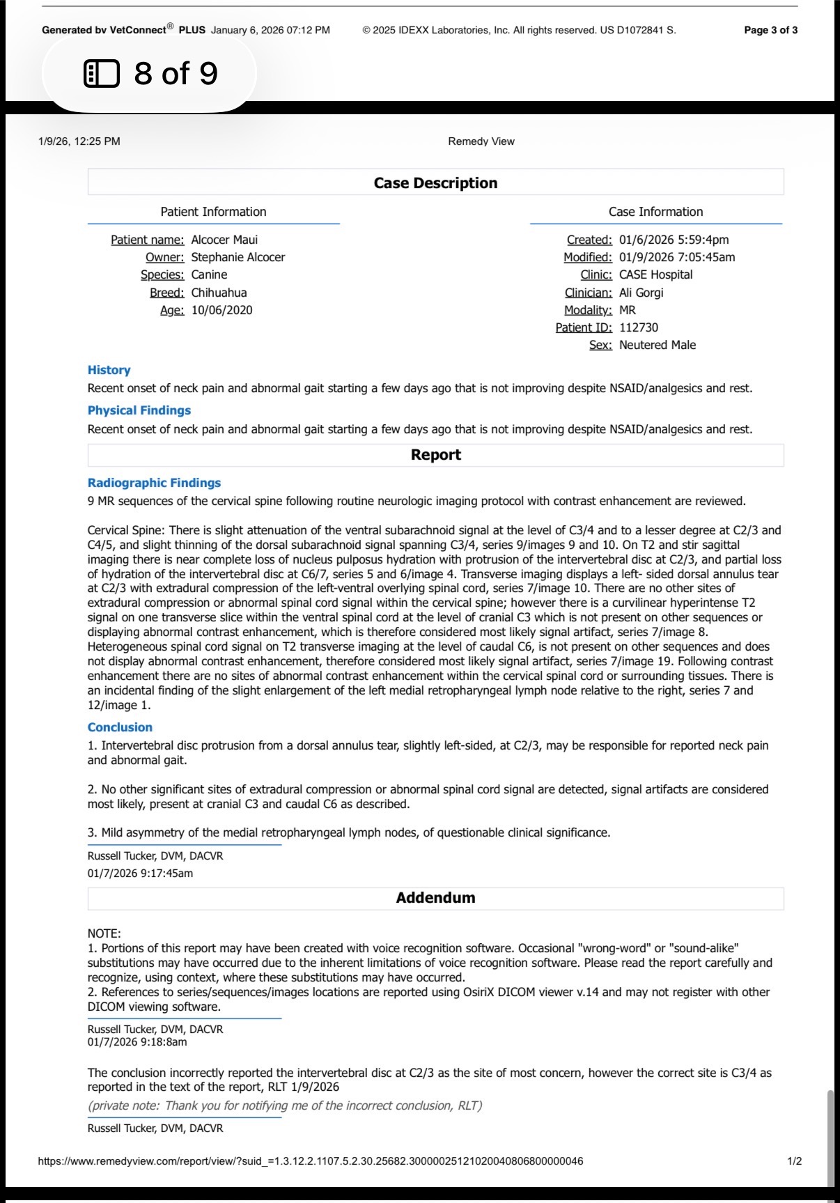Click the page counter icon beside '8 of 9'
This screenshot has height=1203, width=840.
point(101,73)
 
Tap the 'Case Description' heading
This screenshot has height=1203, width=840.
point(435,183)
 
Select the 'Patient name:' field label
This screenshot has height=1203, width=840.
point(148,240)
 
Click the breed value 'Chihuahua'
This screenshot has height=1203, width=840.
point(219,293)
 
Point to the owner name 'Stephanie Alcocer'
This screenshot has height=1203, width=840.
point(238,257)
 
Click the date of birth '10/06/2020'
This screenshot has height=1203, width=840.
point(221,310)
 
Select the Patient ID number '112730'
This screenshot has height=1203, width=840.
point(638,327)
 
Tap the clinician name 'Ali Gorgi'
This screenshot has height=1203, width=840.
point(641,293)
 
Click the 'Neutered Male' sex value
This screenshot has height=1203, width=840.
point(657,345)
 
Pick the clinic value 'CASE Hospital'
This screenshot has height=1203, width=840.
point(655,274)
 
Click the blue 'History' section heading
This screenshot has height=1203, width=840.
point(109,370)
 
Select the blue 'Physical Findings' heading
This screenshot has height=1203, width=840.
point(139,410)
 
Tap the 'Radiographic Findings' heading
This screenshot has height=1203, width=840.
point(154,483)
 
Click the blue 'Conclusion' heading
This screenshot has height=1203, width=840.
point(120,727)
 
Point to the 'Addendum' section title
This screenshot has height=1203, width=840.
point(435,898)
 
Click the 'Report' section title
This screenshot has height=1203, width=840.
point(435,455)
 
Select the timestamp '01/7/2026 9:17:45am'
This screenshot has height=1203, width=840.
point(140,873)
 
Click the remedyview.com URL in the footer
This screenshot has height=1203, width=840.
point(310,1161)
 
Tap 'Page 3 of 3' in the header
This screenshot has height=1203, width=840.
point(770,30)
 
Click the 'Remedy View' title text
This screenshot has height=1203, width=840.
point(481,141)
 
